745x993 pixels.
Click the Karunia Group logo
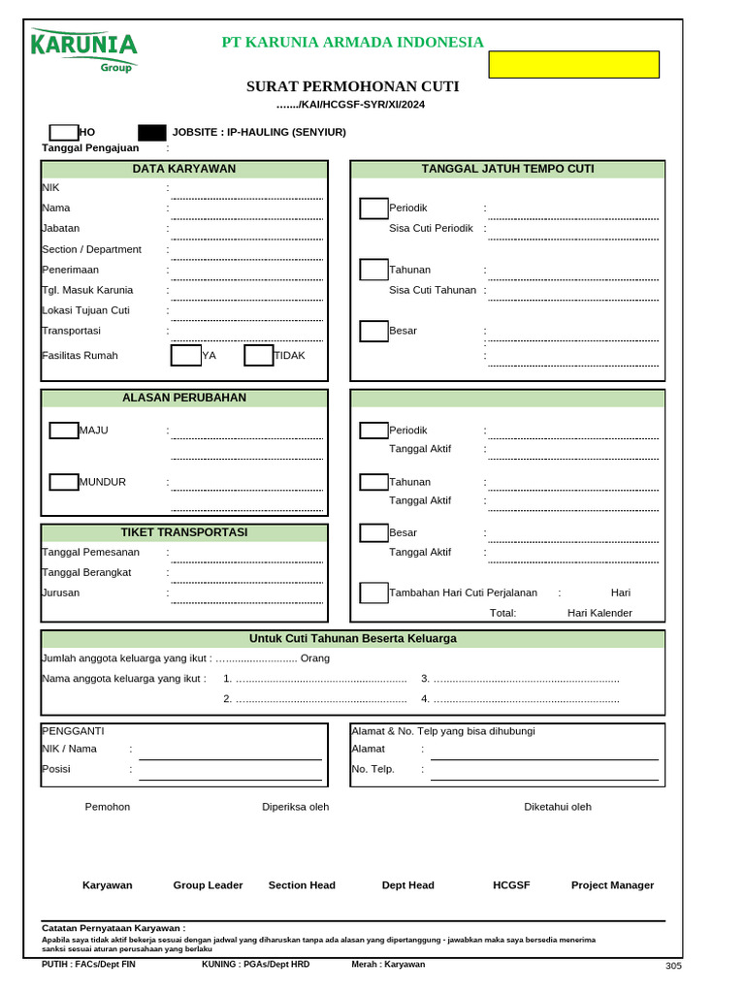pyautogui.click(x=83, y=49)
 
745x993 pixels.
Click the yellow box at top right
pyautogui.click(x=573, y=64)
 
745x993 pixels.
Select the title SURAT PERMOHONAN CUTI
pyautogui.click(x=352, y=86)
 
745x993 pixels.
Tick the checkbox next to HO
pyautogui.click(x=63, y=132)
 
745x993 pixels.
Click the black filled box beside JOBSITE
pyautogui.click(x=152, y=132)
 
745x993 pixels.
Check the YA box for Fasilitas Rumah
pyautogui.click(x=185, y=355)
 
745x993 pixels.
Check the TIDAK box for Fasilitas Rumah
pyautogui.click(x=258, y=355)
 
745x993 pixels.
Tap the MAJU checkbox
pyautogui.click(x=64, y=431)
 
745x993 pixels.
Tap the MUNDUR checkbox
pyautogui.click(x=64, y=482)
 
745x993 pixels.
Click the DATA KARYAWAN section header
pyautogui.click(x=183, y=169)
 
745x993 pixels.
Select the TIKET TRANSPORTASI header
pyautogui.click(x=183, y=532)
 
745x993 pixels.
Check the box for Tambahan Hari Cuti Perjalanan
pyautogui.click(x=373, y=593)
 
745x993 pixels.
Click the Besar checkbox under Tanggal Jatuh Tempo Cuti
pyautogui.click(x=373, y=331)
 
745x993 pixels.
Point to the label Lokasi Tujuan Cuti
pyautogui.click(x=85, y=310)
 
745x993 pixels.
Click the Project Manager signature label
pyautogui.click(x=612, y=885)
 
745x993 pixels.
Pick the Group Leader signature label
pyautogui.click(x=208, y=885)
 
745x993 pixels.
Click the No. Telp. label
pyautogui.click(x=372, y=769)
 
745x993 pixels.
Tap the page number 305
pyautogui.click(x=673, y=966)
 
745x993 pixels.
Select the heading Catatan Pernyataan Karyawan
pyautogui.click(x=113, y=928)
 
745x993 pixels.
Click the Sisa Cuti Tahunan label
pyautogui.click(x=432, y=290)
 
